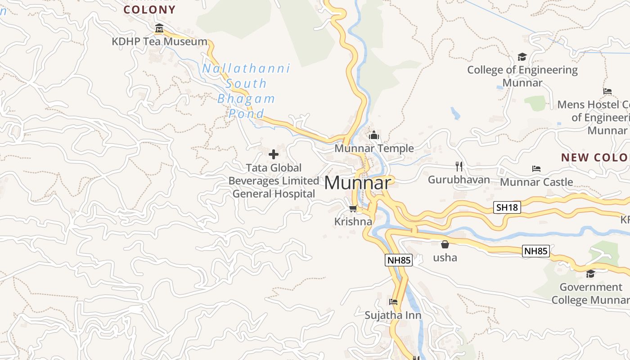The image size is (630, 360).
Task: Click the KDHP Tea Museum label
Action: click(160, 42)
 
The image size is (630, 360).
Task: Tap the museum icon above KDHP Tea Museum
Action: click(159, 29)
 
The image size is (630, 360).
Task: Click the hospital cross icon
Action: click(273, 155)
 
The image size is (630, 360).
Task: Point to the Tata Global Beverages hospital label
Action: click(274, 181)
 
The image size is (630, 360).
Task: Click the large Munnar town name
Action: click(357, 183)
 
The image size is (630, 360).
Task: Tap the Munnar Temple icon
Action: click(374, 135)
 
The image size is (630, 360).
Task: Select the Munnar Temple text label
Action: click(374, 148)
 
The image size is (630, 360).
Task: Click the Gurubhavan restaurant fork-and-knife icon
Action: click(459, 166)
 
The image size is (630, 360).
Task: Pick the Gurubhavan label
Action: click(459, 180)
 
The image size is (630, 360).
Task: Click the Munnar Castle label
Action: click(536, 182)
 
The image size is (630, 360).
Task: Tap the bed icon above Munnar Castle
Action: click(536, 169)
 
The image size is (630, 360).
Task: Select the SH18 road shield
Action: click(507, 207)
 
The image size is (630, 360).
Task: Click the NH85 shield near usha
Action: click(536, 251)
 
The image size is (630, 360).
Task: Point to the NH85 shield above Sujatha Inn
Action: click(399, 260)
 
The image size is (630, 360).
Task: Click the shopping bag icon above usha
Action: click(445, 244)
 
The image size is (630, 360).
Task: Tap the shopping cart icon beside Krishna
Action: click(353, 208)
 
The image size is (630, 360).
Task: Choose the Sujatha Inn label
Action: click(393, 315)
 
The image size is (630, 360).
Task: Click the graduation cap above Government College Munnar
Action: click(590, 274)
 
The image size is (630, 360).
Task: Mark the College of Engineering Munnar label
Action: click(522, 76)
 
